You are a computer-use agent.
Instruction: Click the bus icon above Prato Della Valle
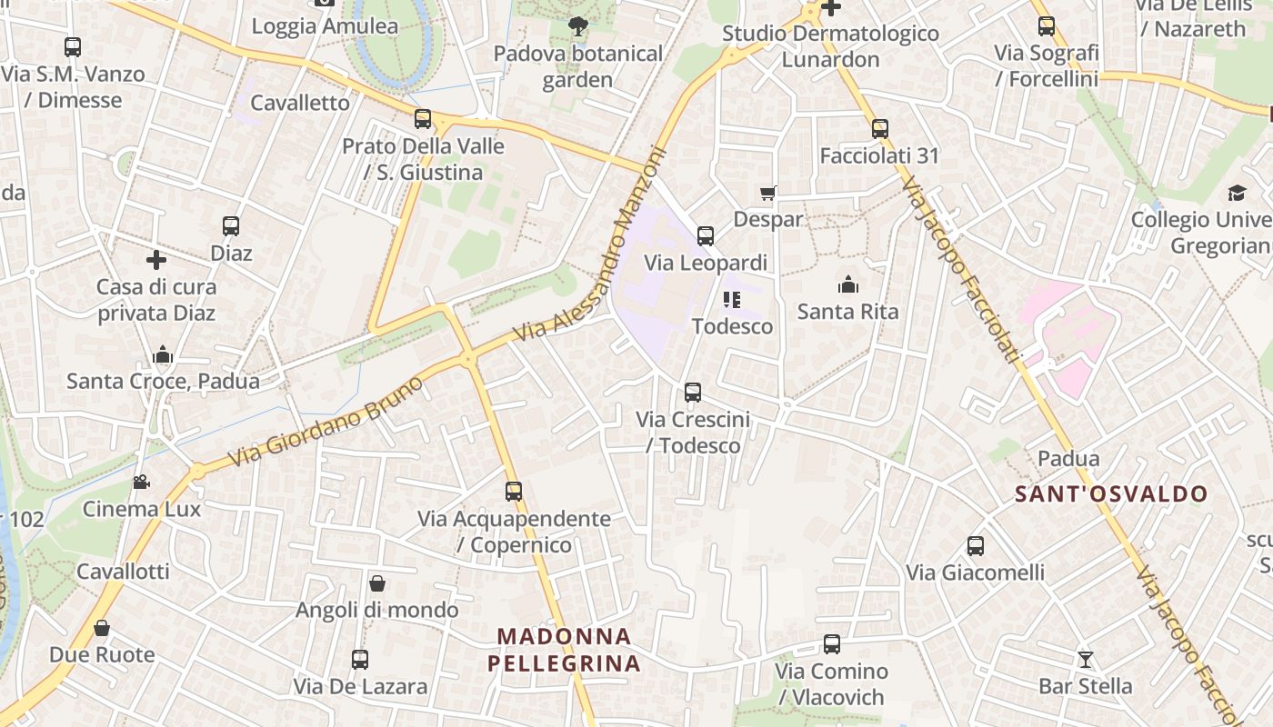(x=423, y=119)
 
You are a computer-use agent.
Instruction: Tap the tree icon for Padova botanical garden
(x=577, y=26)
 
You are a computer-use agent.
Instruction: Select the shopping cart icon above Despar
(x=768, y=193)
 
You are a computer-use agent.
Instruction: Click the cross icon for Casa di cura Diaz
(x=156, y=260)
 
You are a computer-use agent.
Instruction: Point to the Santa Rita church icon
(x=848, y=284)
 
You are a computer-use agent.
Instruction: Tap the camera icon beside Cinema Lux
(x=141, y=482)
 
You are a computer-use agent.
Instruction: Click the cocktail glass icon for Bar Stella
(x=1085, y=659)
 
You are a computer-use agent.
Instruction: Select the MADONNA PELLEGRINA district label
(x=565, y=650)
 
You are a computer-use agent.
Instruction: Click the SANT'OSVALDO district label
(x=1111, y=494)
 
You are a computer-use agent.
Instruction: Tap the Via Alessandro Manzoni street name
(x=591, y=245)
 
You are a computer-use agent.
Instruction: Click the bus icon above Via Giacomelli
(x=976, y=546)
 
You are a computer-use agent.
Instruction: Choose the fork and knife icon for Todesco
(x=732, y=299)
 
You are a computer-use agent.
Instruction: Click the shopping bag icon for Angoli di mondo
(x=377, y=583)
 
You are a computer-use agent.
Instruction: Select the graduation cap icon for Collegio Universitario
(x=1237, y=193)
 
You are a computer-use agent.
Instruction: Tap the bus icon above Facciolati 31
(x=879, y=129)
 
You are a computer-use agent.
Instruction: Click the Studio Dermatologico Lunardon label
(x=830, y=46)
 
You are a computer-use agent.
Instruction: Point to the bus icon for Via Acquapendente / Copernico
(x=514, y=492)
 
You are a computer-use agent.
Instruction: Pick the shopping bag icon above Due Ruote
(x=102, y=628)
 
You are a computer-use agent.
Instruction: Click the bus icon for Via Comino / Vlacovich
(x=831, y=644)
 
